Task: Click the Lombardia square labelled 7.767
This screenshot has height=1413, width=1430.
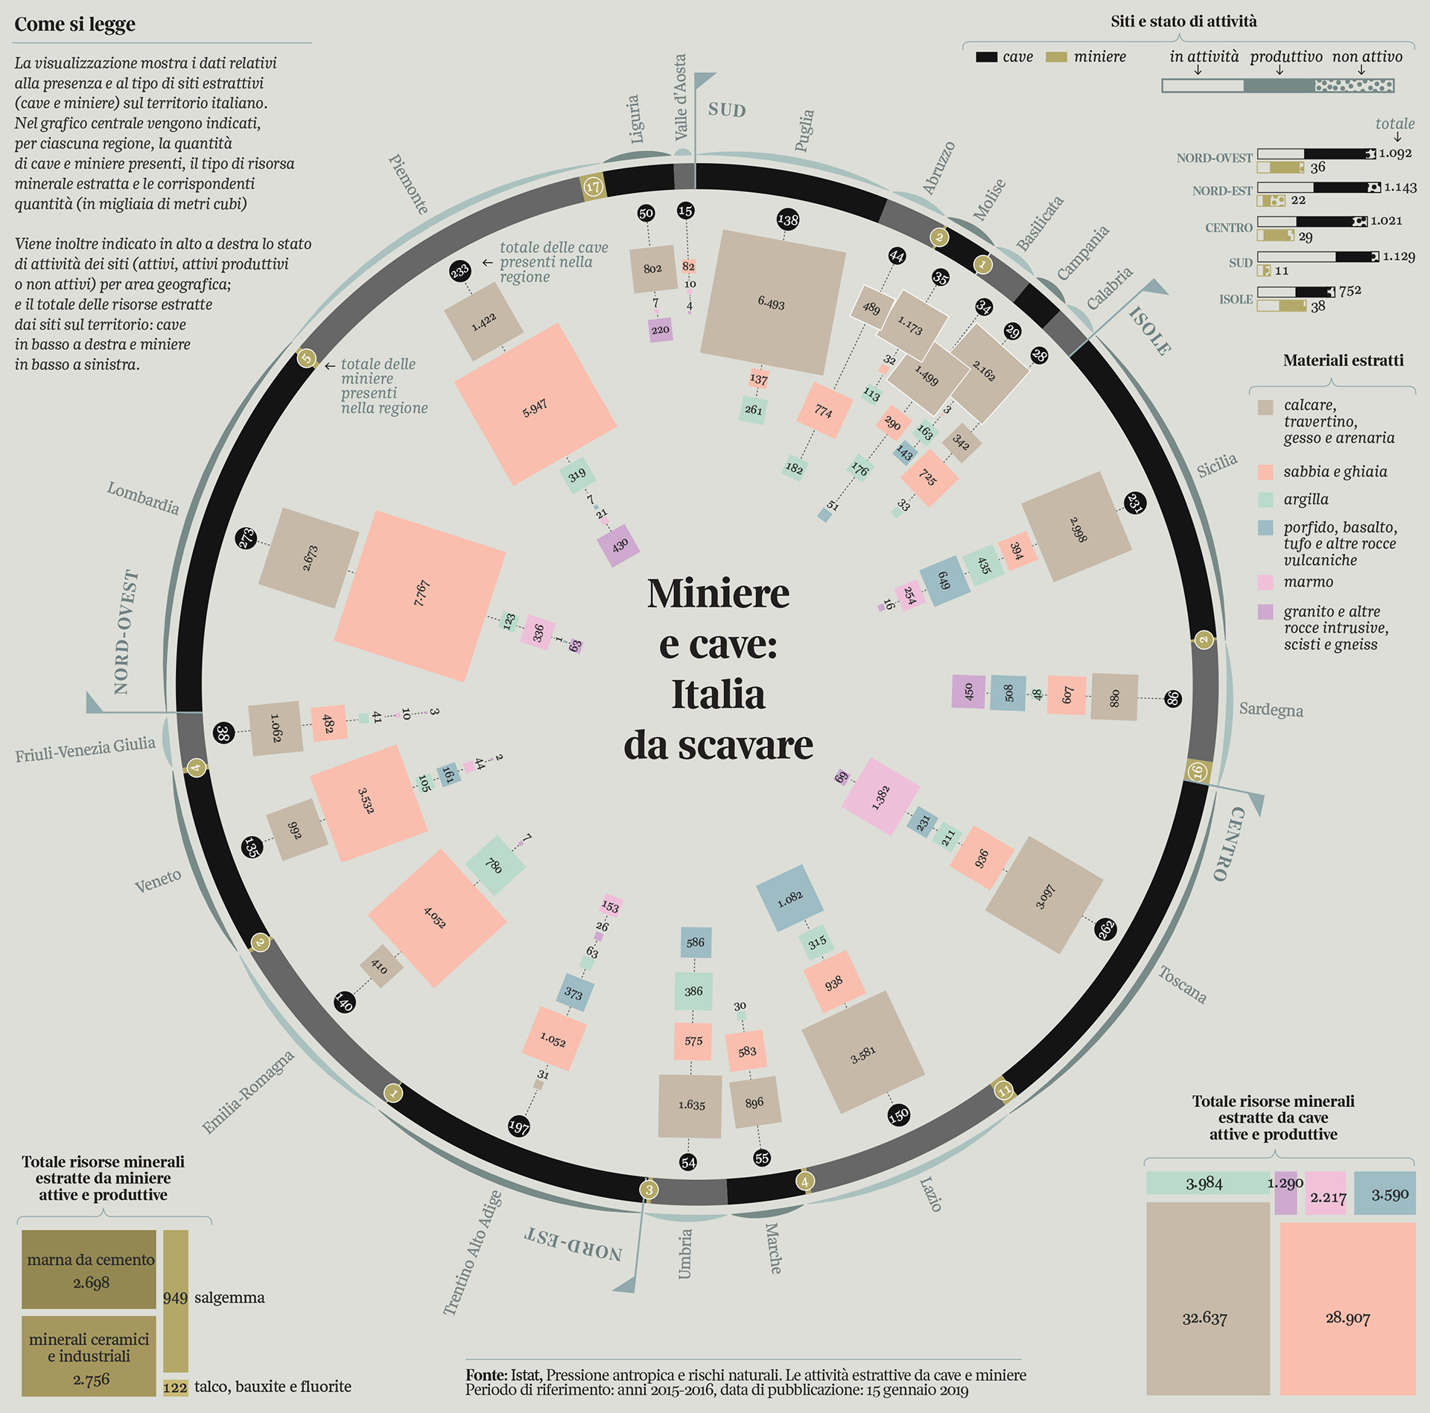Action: point(420,596)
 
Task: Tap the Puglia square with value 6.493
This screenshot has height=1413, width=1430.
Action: point(772,302)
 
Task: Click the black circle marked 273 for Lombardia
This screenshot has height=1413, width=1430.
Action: point(246,538)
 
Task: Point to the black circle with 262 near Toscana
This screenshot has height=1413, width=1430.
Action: point(1105,928)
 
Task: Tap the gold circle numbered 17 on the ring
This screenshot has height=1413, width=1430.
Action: point(593,186)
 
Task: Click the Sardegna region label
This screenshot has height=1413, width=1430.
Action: point(1271,709)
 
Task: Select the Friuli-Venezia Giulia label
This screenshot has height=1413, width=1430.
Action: point(85,750)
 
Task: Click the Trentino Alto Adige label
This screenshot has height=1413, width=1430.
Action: point(472,1253)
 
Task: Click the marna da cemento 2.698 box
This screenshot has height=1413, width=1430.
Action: point(89,1270)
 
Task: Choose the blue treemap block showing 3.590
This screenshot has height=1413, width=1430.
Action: point(1385,1193)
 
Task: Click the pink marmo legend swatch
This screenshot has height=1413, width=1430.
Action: point(1265,582)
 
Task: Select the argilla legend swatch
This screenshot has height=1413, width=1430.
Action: point(1265,500)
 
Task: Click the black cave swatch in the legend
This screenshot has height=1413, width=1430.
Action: point(986,57)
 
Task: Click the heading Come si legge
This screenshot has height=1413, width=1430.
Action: point(75,25)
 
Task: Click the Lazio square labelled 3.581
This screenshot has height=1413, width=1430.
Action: point(862,1052)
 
